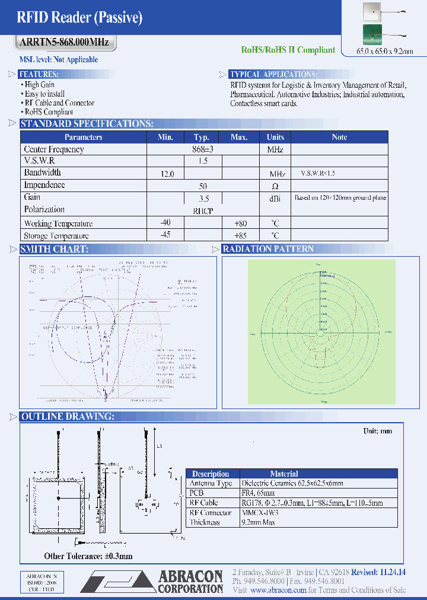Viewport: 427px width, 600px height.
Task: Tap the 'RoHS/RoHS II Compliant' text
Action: (288, 50)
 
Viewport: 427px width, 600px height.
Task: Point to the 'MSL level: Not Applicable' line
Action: (59, 60)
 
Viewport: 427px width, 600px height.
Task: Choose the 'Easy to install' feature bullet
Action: (44, 94)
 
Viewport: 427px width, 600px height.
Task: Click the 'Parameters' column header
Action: (83, 137)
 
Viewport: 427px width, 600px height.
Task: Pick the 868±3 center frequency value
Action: (202, 149)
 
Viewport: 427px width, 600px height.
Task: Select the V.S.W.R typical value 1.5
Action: (202, 161)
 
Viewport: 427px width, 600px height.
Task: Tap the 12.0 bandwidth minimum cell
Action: (168, 174)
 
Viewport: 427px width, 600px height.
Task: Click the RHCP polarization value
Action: (202, 210)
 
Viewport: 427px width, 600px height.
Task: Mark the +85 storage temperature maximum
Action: (239, 235)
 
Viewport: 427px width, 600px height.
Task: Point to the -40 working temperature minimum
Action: (165, 222)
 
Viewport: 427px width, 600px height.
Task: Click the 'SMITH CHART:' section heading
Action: (55, 249)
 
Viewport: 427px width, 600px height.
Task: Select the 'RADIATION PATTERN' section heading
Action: (268, 249)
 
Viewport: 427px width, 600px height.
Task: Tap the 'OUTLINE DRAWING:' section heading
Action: (68, 417)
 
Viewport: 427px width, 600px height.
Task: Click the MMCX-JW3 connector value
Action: (261, 512)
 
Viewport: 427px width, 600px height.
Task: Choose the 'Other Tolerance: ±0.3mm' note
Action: (88, 556)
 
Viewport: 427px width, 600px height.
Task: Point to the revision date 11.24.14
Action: (392, 572)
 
